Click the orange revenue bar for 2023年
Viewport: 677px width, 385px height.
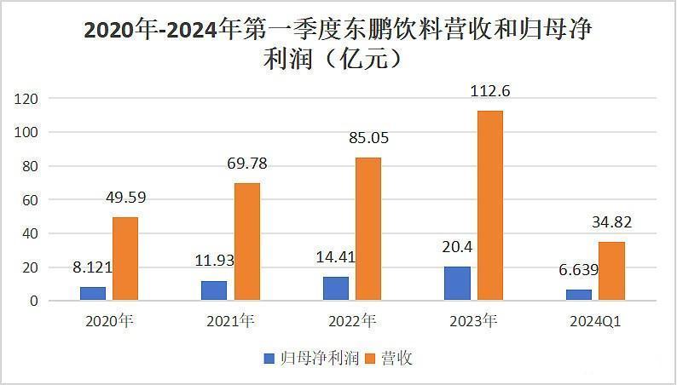489,205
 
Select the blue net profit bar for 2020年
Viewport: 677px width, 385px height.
93,294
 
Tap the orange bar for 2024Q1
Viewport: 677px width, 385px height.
611,271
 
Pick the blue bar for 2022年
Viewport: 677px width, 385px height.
336,289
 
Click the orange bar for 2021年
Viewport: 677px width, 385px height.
246,242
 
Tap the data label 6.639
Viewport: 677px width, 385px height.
579,270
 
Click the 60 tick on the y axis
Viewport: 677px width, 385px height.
32,200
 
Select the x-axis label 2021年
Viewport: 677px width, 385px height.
230,322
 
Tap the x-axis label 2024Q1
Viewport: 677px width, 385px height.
595,322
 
